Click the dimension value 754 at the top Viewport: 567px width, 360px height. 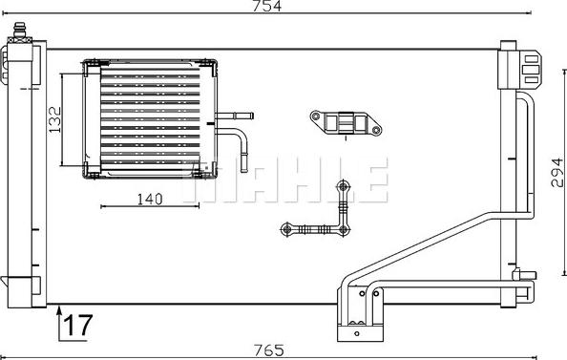pyautogui.click(x=267, y=6)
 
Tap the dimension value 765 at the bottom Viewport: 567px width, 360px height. pyautogui.click(x=269, y=350)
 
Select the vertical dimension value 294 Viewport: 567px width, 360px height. pyautogui.click(x=557, y=172)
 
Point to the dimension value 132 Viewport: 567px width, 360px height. pyautogui.click(x=55, y=119)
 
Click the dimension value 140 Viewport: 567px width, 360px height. pyautogui.click(x=150, y=199)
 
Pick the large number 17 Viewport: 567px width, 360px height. pyautogui.click(x=78, y=325)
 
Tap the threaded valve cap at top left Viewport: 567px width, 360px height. pyautogui.click(x=20, y=30)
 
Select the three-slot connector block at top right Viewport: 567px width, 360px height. pyautogui.click(x=531, y=69)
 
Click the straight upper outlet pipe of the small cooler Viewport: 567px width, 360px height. pyautogui.click(x=234, y=116)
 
